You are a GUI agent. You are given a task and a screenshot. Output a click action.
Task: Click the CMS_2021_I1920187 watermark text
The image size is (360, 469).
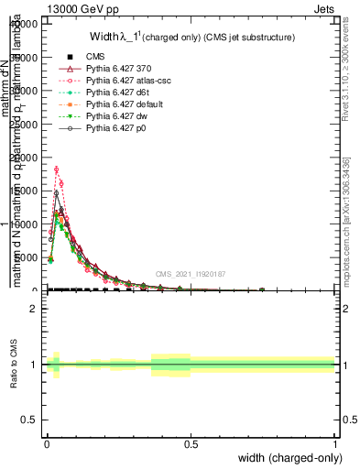[x=190, y=274]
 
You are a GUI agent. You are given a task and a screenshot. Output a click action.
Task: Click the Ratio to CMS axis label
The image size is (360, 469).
[x=14, y=365]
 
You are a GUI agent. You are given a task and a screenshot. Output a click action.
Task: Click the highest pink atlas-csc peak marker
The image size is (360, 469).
[x=57, y=169]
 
